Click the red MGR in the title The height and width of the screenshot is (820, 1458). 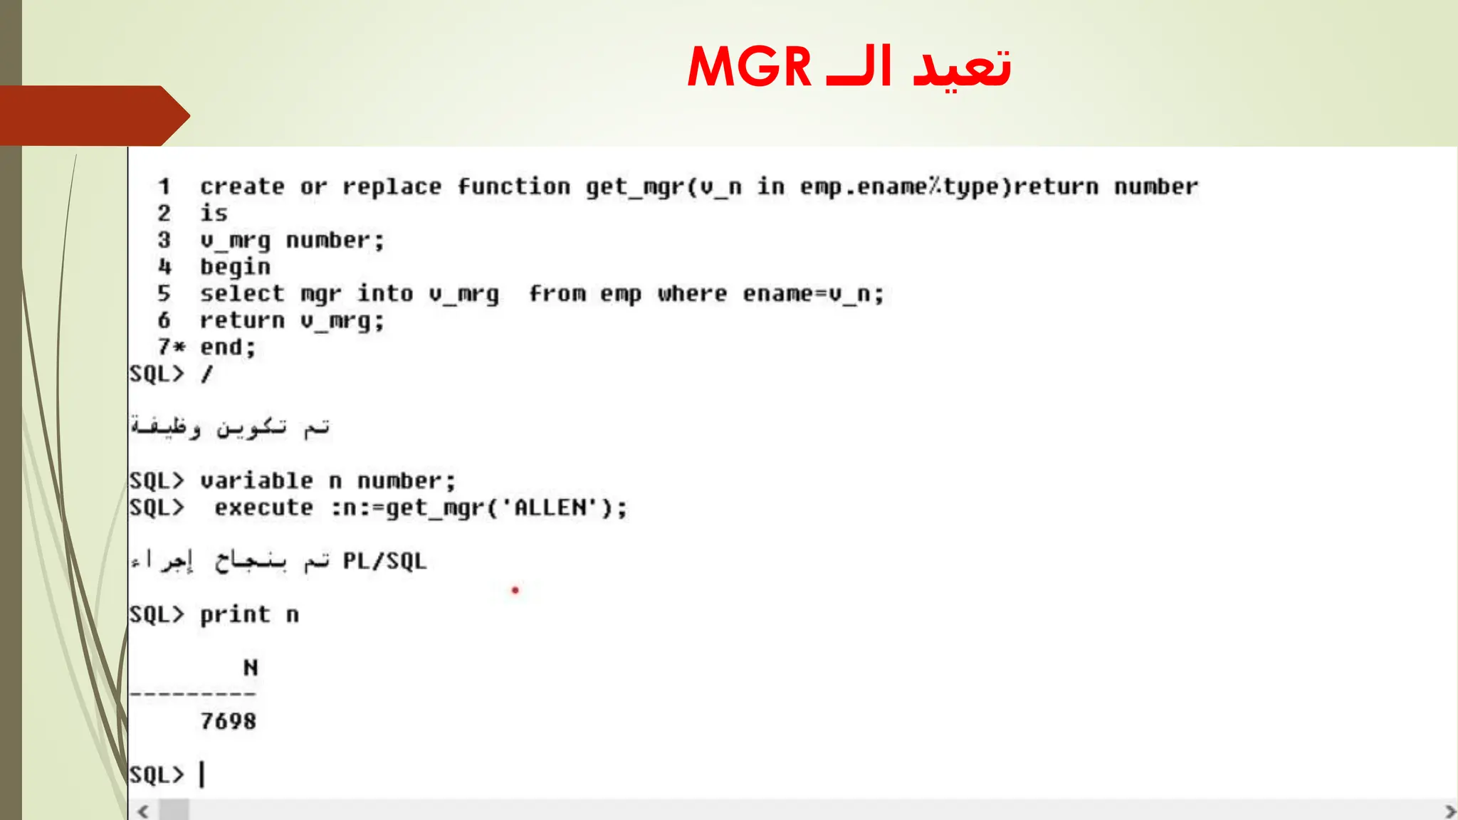click(749, 67)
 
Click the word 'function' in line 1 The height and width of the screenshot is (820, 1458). click(513, 186)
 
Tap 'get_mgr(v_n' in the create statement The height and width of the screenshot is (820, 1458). click(664, 187)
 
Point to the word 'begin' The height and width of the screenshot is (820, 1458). click(235, 267)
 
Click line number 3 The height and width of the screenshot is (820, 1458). click(164, 240)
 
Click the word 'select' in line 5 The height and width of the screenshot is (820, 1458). click(242, 294)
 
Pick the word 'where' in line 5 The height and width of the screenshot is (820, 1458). click(692, 294)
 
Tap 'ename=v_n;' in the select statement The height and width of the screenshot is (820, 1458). click(813, 294)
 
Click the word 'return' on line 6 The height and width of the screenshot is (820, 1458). click(242, 321)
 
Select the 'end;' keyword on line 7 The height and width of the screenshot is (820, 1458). click(227, 347)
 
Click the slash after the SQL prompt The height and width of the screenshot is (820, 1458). click(206, 374)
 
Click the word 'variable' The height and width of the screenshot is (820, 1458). click(256, 481)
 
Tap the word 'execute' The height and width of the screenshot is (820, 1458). click(263, 508)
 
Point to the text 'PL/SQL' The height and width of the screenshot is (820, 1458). click(384, 562)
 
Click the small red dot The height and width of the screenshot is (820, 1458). click(515, 590)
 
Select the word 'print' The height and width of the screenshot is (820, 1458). click(235, 615)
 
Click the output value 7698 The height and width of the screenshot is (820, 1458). click(228, 722)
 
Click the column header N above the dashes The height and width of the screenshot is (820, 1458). click(250, 668)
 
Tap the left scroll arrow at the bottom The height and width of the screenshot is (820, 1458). click(143, 811)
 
